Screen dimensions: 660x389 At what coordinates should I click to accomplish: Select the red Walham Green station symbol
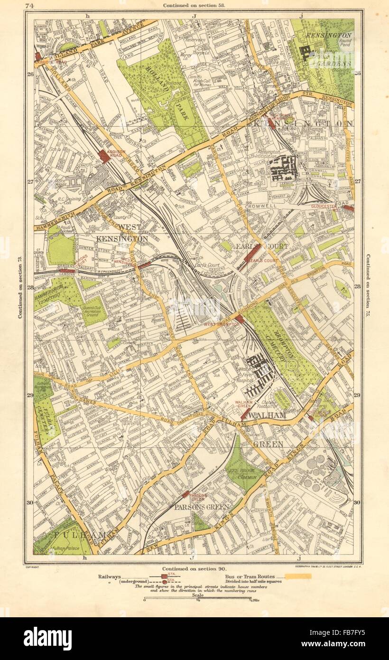(x=244, y=414)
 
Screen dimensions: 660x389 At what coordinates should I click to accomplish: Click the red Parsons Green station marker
(x=185, y=494)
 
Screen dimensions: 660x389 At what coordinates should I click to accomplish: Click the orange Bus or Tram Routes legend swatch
(x=296, y=576)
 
